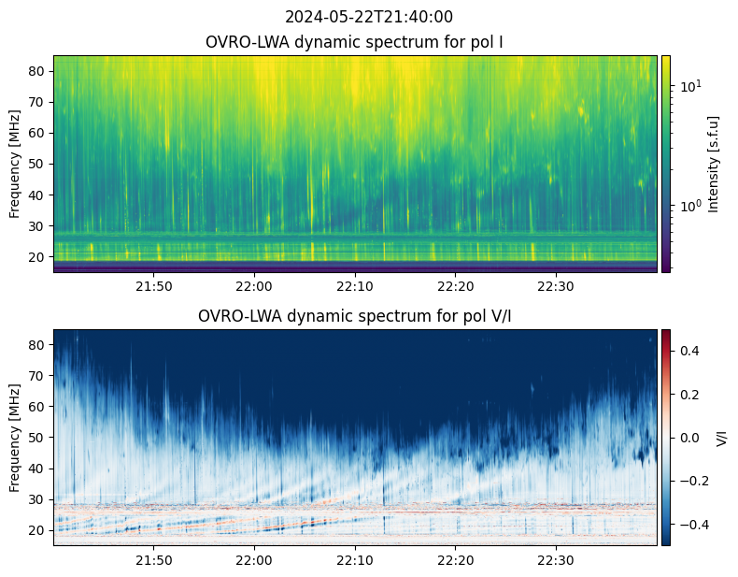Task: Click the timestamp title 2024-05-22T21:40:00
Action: coord(369,17)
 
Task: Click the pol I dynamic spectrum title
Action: coord(354,42)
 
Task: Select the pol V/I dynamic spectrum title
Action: coord(355,315)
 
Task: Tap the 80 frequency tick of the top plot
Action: coord(37,71)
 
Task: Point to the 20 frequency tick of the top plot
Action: coord(37,257)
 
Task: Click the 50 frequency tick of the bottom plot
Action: coord(37,438)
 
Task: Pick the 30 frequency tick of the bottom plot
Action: coord(37,499)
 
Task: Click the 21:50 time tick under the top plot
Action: coord(154,286)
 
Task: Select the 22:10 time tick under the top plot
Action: coord(355,286)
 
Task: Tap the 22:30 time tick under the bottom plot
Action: coord(557,560)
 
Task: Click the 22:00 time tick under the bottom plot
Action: coord(255,560)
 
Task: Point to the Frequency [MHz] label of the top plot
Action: coord(15,164)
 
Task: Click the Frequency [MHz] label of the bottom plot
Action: coord(15,438)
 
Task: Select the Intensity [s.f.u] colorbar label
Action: coord(714,164)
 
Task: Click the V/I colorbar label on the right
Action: coord(721,438)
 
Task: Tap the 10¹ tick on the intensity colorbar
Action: coord(688,86)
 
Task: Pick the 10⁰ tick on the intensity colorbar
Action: coord(688,206)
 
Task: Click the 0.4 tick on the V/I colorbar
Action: coord(689,351)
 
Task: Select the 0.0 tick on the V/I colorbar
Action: coord(689,438)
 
